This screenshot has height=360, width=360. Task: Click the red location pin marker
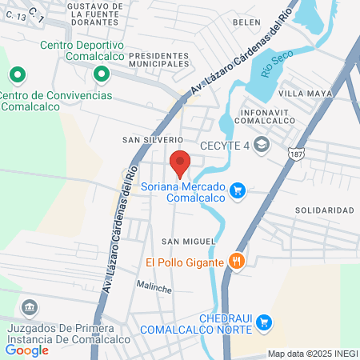[x=180, y=162]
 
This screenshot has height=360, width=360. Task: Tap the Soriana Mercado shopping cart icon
[x=237, y=190]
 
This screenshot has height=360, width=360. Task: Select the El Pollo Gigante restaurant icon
[x=235, y=260]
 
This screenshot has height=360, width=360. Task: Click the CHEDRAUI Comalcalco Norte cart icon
[x=265, y=322]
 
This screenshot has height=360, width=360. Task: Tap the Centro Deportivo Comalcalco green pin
[x=101, y=75]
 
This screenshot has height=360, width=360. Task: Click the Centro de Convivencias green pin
[x=17, y=75]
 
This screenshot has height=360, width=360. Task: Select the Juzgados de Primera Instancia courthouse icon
[x=30, y=307]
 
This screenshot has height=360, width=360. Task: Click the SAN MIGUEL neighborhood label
[x=188, y=241]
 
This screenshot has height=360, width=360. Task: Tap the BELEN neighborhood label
[x=246, y=22]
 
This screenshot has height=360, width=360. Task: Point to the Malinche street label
[x=154, y=286]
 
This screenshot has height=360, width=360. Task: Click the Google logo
[x=27, y=349]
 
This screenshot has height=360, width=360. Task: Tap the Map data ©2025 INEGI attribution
[x=311, y=354]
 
